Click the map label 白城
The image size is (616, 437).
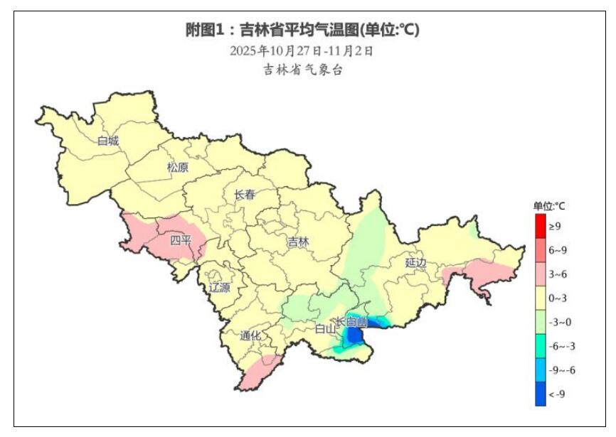click(108, 141)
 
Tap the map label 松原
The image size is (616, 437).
click(178, 168)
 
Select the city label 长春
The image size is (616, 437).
click(244, 195)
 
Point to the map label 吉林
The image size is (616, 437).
click(299, 242)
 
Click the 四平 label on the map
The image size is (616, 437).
click(181, 240)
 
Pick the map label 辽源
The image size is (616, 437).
click(219, 287)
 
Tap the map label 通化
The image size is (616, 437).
click(250, 335)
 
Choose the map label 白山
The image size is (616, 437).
click(325, 329)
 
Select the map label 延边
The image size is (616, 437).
click(415, 262)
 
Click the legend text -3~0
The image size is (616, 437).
click(559, 323)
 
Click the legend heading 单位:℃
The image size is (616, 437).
click(549, 206)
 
